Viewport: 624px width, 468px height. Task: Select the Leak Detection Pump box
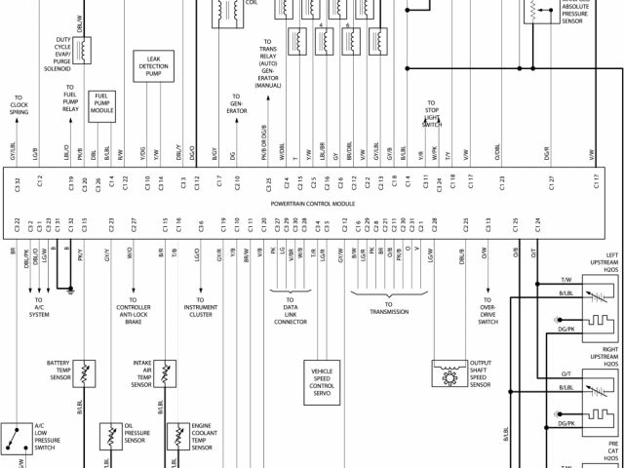(153, 67)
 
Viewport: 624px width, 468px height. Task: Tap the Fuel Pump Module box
(102, 102)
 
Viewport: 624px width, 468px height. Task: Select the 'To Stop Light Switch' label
(432, 112)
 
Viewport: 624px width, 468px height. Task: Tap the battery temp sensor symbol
(85, 372)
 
